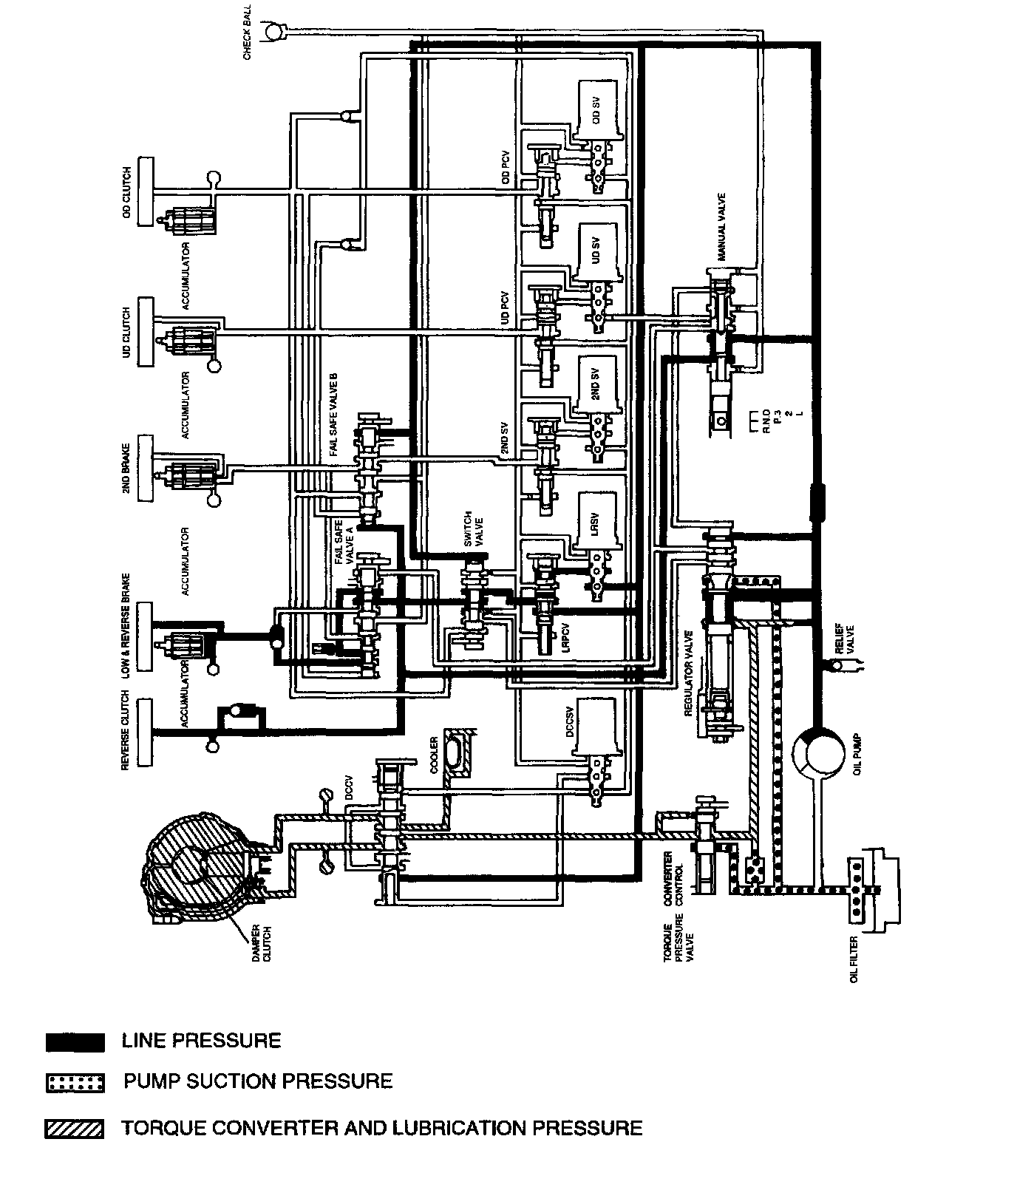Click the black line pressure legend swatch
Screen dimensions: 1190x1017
(75, 1042)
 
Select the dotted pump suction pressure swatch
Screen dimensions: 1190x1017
(75, 1083)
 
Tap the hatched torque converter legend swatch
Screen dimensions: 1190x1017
(75, 1129)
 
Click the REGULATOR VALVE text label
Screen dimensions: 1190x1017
(689, 673)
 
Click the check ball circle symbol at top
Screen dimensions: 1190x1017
(274, 32)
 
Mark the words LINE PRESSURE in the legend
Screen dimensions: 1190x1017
(201, 1041)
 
